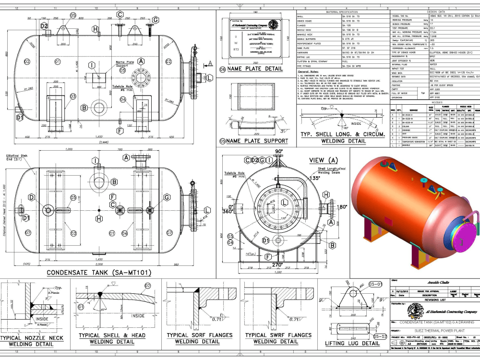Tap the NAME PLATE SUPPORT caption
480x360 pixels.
253,141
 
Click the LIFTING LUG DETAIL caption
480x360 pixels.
352,343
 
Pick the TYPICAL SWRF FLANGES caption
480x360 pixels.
276,335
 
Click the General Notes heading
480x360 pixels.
312,72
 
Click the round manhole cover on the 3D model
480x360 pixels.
462,227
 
